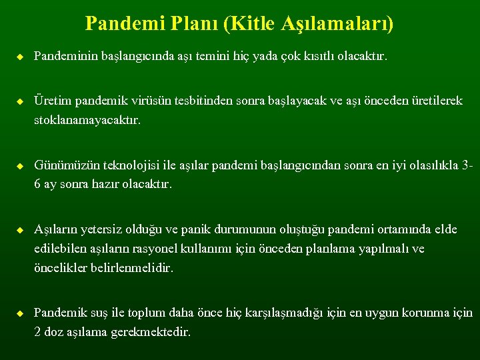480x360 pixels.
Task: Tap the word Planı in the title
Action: [195, 24]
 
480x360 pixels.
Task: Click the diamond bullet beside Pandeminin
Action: [20, 57]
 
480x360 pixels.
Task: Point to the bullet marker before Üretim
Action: [20, 101]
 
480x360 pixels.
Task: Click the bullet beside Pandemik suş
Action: [20, 313]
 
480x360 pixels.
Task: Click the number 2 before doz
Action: [38, 331]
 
